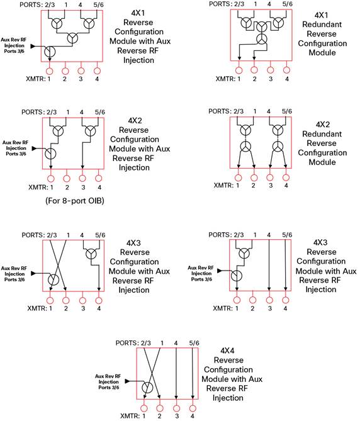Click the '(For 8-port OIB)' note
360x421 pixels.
tap(75, 201)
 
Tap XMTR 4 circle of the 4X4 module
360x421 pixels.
tap(193, 408)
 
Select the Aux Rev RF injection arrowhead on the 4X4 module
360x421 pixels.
tap(128, 381)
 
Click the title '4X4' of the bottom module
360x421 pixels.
tap(227, 351)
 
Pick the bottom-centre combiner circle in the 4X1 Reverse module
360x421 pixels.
tap(72, 38)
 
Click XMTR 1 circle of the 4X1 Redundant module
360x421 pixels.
tap(239, 70)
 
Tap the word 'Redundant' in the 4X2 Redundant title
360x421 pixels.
tap(322, 133)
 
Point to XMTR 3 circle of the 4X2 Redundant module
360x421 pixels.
tap(270, 177)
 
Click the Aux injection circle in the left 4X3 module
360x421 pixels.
tap(53, 279)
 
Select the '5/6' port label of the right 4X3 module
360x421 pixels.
tap(287, 235)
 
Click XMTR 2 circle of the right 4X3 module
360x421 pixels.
tap(252, 300)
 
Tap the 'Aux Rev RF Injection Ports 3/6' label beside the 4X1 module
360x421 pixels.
tap(14, 45)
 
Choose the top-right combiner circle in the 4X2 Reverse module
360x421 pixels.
tap(89, 132)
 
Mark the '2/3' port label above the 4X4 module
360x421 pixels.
tap(146, 343)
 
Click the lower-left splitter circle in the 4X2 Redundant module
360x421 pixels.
tap(245, 147)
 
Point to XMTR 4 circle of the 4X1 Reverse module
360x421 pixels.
tap(97, 71)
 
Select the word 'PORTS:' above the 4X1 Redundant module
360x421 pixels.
tap(220, 4)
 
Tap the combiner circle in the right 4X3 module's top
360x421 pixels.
tap(244, 253)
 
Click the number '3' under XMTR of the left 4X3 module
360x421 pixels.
tap(83, 308)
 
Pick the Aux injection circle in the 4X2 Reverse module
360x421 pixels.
tap(50, 154)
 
